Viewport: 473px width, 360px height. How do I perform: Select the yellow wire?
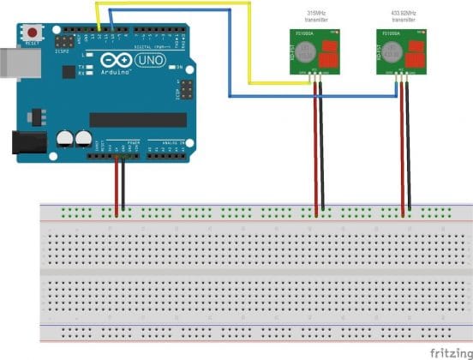[x=171, y=3]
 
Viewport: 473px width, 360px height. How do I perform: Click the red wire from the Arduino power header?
[x=117, y=184]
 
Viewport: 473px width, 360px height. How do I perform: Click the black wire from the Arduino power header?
[x=123, y=184]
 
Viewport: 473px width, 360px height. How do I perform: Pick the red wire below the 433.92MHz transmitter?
[x=403, y=146]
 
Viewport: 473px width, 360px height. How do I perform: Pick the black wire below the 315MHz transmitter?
[x=323, y=146]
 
